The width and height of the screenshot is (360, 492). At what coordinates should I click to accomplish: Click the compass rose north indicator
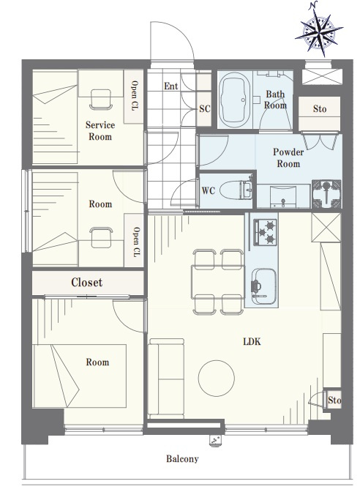point(319,29)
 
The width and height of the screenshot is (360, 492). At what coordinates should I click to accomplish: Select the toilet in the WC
point(235,190)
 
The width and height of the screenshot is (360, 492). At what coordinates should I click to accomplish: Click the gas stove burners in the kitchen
point(266,232)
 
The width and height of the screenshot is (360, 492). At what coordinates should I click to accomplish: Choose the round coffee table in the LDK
point(217,378)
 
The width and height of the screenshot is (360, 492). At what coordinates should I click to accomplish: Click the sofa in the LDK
point(166,379)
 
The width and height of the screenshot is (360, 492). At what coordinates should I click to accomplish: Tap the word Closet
point(86,283)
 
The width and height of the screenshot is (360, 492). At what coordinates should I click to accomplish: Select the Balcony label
point(182,459)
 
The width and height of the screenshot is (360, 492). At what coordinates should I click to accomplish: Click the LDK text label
point(252,342)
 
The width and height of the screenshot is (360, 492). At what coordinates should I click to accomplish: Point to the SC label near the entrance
point(204,108)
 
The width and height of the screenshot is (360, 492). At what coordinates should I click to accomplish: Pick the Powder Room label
point(288,158)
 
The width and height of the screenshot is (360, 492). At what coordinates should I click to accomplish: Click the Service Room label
point(100,130)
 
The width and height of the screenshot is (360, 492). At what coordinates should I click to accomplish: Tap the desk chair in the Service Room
point(101,100)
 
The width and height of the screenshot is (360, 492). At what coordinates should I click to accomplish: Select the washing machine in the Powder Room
point(326,194)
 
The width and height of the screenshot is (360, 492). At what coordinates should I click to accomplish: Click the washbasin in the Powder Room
point(283,196)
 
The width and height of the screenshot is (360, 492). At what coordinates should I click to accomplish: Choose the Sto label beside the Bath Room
point(320,109)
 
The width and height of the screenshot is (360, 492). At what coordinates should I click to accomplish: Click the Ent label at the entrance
point(171,86)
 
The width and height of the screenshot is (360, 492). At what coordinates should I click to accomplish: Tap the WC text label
point(209,191)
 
